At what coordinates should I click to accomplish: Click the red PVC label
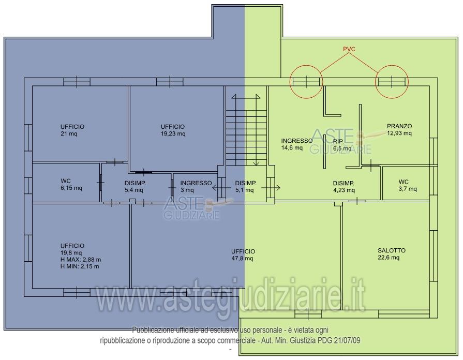click(x=349, y=49)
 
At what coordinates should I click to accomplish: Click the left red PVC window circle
click(x=306, y=66)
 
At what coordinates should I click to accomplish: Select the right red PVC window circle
click(x=392, y=66)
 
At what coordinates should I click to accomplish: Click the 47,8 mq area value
click(x=242, y=259)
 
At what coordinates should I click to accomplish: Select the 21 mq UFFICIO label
click(x=72, y=130)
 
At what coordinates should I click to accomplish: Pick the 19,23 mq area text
click(x=173, y=134)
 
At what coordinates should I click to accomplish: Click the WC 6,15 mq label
click(x=71, y=184)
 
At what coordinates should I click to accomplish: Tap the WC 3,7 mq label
click(x=408, y=185)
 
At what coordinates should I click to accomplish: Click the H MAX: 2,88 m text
click(x=81, y=260)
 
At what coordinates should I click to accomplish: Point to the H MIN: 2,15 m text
click(x=80, y=266)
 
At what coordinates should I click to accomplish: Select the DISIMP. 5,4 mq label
click(x=135, y=187)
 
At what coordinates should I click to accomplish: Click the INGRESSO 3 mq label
click(x=196, y=187)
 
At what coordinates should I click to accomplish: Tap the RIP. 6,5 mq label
click(x=342, y=145)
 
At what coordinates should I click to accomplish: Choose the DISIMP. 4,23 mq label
click(x=344, y=187)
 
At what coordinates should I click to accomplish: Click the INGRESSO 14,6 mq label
click(x=297, y=144)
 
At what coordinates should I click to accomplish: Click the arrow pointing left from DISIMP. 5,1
click(x=222, y=188)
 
